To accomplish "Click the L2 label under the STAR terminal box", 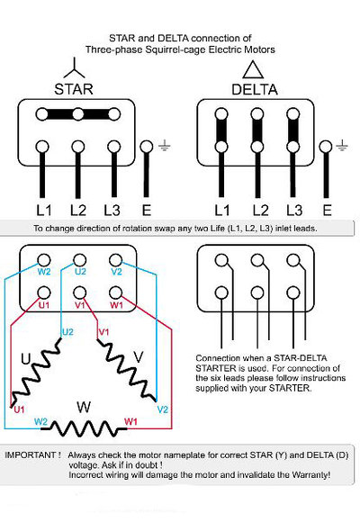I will pos(78,210).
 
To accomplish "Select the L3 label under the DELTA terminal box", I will pos(292,210).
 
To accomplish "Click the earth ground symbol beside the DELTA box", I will pos(343,145).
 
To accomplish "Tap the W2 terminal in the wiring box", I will pos(42,270).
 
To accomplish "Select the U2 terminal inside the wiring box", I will pos(80,270).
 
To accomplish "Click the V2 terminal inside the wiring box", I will pos(116,270).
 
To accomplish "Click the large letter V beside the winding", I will pos(138,356).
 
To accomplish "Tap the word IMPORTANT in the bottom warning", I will pos(34,455).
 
